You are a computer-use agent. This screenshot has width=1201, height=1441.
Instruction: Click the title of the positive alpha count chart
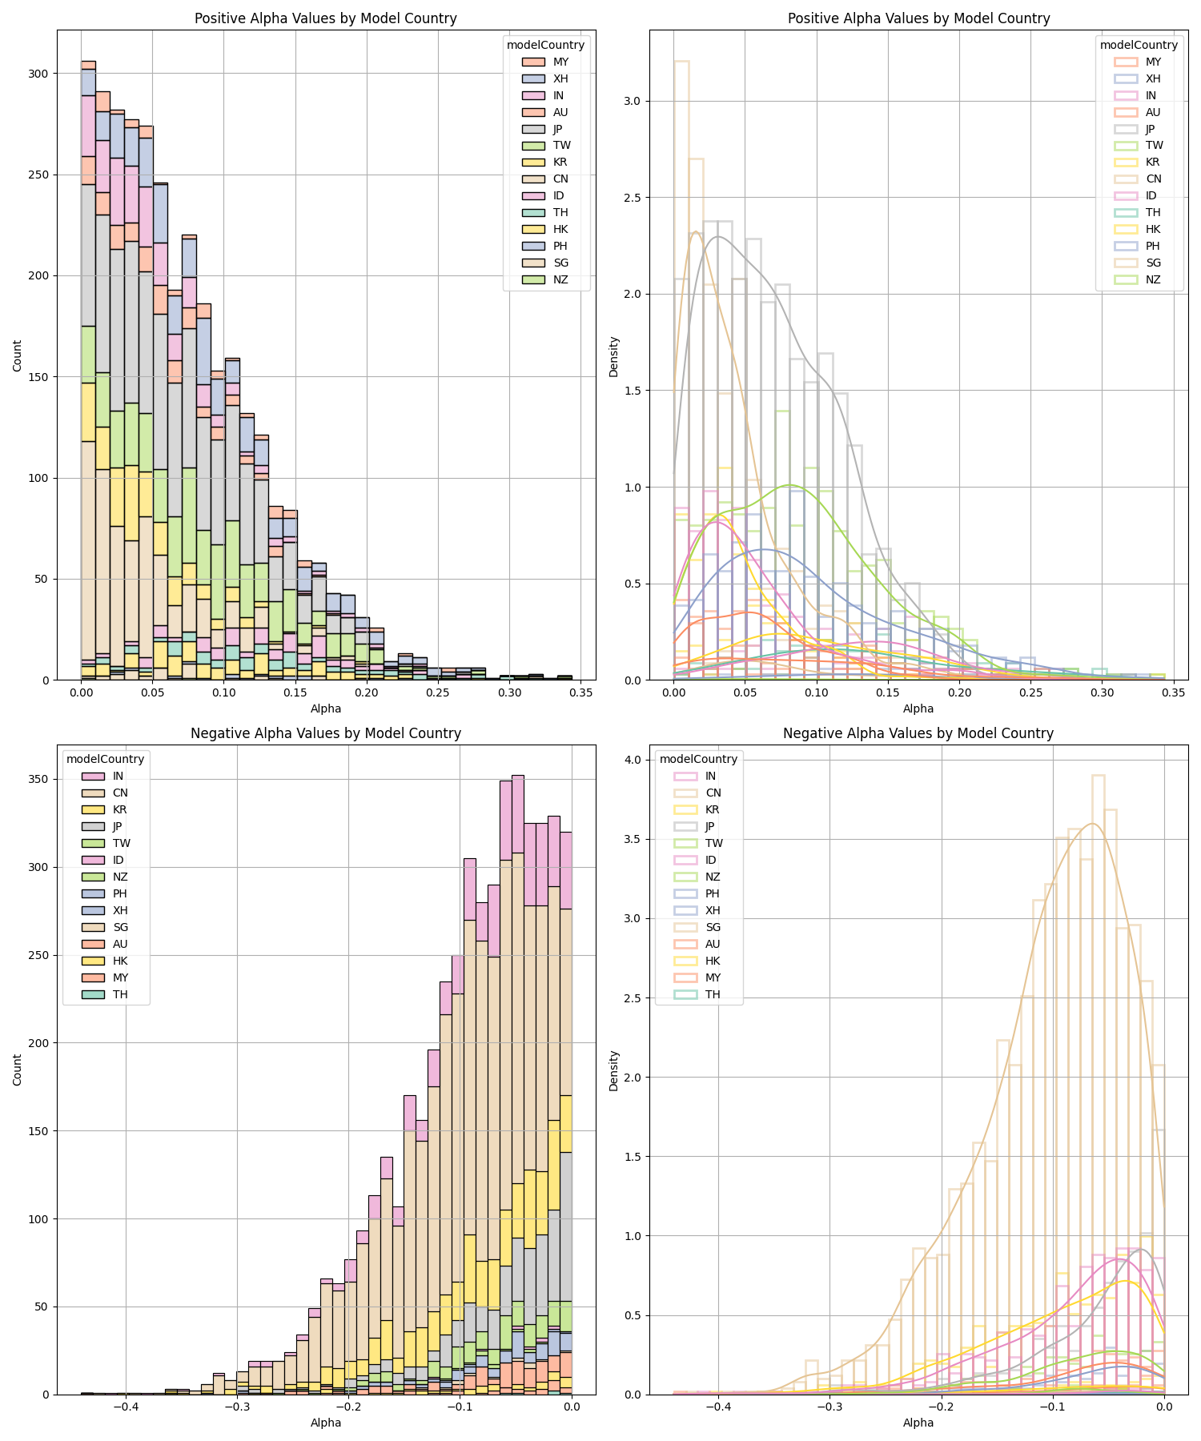coord(325,18)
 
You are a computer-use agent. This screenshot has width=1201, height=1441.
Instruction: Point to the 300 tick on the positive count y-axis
coord(38,74)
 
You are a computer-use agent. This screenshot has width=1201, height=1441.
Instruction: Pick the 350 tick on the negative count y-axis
coord(38,780)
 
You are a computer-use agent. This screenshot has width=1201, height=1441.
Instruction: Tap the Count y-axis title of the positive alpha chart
coord(18,355)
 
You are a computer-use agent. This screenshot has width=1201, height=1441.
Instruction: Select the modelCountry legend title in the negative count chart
coord(105,759)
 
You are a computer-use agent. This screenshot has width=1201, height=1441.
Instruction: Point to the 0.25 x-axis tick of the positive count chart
coord(438,692)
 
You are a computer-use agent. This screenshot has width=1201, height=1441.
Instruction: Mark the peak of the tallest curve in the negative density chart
coord(1093,823)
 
